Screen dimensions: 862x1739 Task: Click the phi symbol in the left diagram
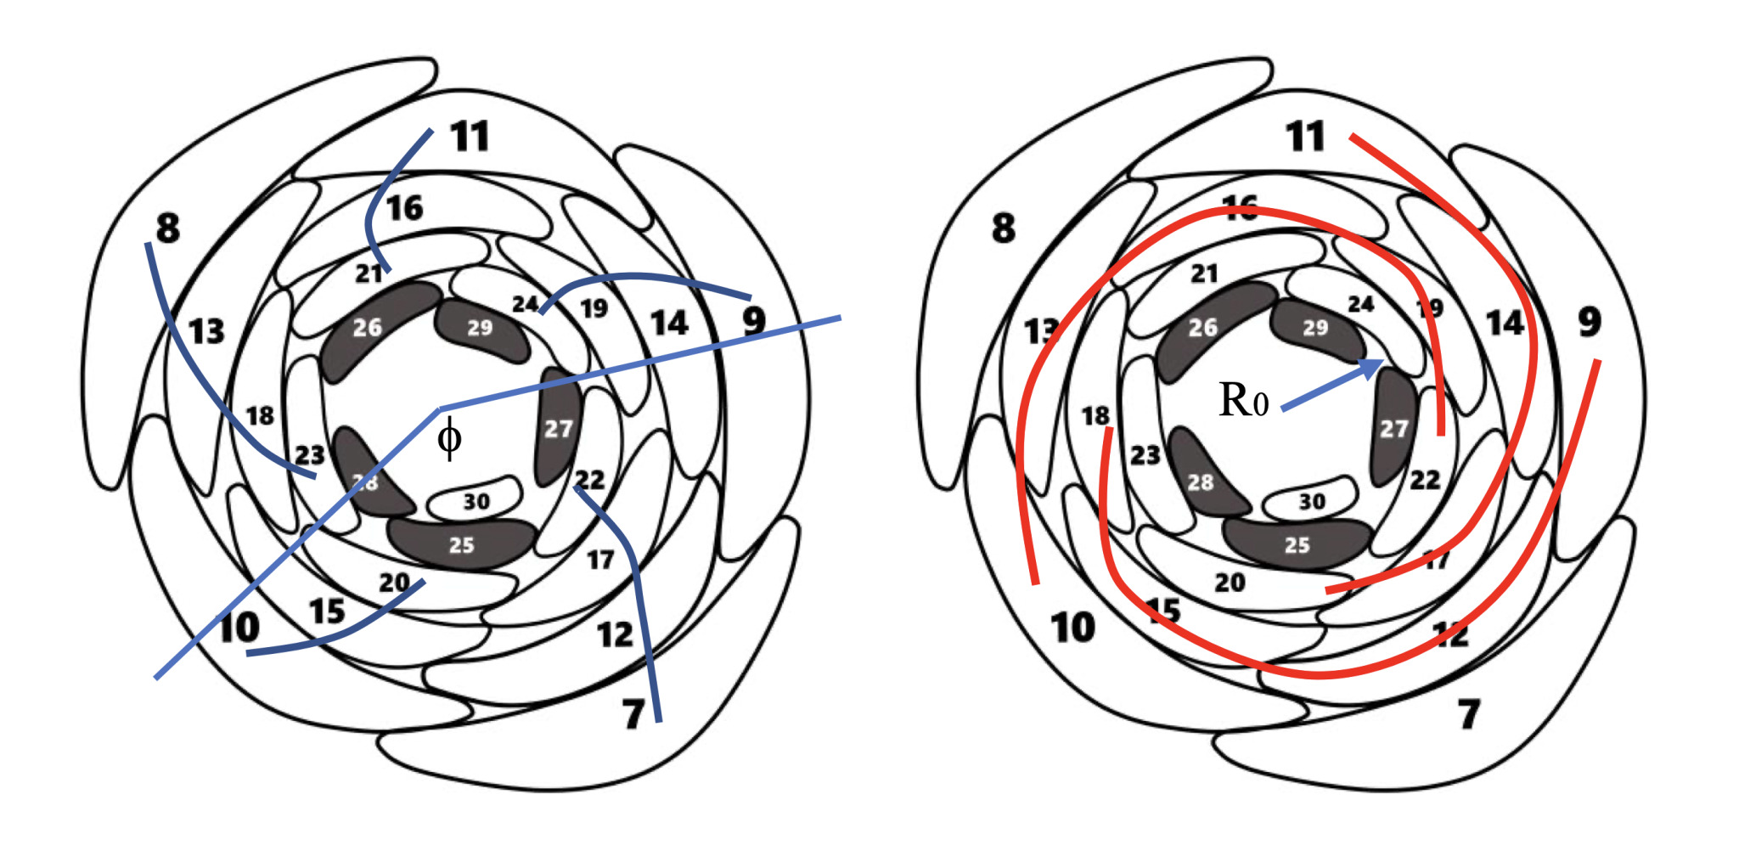tap(449, 438)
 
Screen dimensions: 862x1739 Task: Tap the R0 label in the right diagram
tap(1243, 400)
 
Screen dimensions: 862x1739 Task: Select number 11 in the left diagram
tap(470, 137)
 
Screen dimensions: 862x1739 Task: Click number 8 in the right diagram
tap(1003, 228)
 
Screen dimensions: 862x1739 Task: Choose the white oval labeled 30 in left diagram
tap(476, 501)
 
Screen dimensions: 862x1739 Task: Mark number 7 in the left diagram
tap(633, 714)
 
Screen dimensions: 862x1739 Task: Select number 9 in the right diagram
tap(1590, 322)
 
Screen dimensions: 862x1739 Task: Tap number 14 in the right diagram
tap(1504, 324)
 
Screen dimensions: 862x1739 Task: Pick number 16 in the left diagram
tap(404, 208)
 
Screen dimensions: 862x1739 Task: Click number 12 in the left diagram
tap(615, 634)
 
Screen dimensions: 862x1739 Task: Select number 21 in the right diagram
tap(1204, 273)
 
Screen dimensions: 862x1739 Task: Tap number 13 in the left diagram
tap(206, 331)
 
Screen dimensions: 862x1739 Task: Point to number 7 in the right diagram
tap(1469, 714)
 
